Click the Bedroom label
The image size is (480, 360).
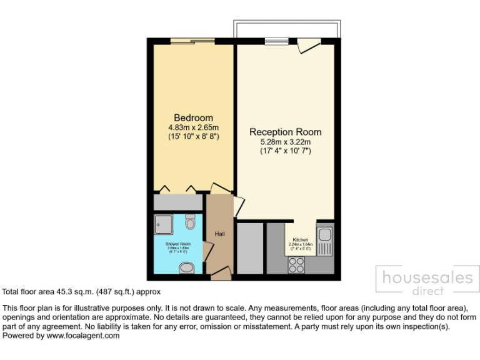click(193, 117)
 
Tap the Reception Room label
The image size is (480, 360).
click(285, 132)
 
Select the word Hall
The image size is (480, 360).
click(219, 234)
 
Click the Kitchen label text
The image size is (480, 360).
click(301, 239)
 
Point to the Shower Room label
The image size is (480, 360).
click(177, 243)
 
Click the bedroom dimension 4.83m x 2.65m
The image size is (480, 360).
click(193, 127)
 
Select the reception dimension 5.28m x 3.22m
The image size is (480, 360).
click(285, 142)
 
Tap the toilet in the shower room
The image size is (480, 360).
click(191, 222)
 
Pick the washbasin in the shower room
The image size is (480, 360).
click(187, 268)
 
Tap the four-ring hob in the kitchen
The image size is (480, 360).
click(297, 264)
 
